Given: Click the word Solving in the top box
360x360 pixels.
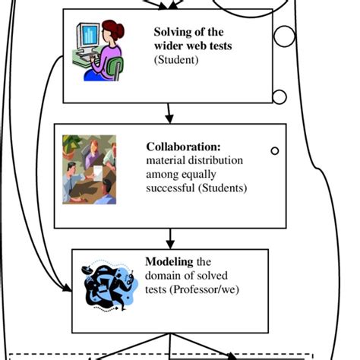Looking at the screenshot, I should (172, 32).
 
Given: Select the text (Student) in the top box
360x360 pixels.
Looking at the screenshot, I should (176, 59).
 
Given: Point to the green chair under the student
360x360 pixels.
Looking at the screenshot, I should (115, 69).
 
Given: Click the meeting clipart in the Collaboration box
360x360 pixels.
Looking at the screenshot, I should (90, 169).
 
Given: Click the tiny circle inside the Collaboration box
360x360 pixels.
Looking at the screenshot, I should (275, 151).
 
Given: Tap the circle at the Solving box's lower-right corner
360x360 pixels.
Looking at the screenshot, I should (279, 96).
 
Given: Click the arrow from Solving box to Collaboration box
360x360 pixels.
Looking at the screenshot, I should (169, 113).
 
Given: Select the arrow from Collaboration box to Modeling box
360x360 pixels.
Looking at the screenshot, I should (169, 238).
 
